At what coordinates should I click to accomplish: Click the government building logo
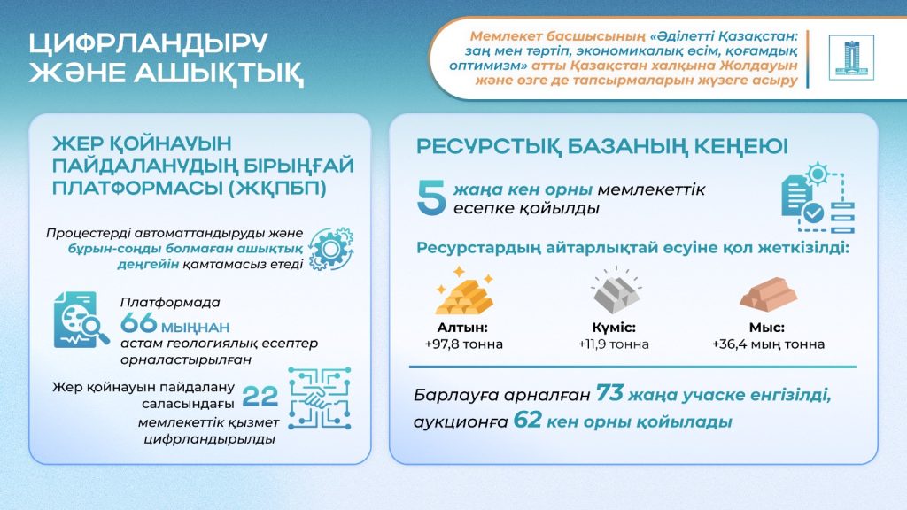point(851,58)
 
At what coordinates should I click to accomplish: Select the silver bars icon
point(616,290)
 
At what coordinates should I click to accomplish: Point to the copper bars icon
point(768,295)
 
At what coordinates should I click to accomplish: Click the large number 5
point(431,197)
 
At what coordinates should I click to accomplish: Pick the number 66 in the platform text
point(139,322)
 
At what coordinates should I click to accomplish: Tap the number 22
point(260,397)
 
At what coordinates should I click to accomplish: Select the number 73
point(609,393)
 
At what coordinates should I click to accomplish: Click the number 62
point(527,420)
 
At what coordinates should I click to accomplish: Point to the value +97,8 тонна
point(464,344)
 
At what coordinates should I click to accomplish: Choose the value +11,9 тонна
point(614,344)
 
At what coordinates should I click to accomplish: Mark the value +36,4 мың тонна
point(768,344)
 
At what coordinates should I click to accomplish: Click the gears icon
point(331,249)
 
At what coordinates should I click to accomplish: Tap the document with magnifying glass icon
point(81,321)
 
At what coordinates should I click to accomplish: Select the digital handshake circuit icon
point(319,398)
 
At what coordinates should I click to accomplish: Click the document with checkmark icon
point(818,198)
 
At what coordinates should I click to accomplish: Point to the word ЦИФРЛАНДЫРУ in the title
point(149,43)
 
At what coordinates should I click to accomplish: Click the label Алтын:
point(462,328)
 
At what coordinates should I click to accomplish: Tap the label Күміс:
point(614,328)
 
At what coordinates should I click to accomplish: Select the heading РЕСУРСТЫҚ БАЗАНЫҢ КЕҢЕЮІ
point(602,147)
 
